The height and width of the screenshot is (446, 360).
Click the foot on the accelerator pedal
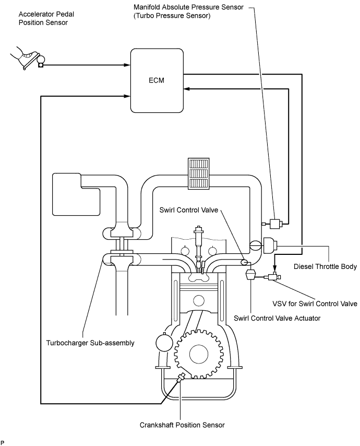(x=23, y=57)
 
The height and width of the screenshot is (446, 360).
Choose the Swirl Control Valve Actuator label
(x=269, y=317)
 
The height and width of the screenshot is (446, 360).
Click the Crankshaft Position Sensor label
(x=183, y=425)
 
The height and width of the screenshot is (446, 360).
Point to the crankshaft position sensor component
(x=181, y=377)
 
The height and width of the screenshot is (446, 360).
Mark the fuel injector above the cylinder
(x=199, y=243)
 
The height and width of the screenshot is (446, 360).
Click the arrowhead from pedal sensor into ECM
(x=127, y=65)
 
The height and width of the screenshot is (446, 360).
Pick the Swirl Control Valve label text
(x=193, y=210)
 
